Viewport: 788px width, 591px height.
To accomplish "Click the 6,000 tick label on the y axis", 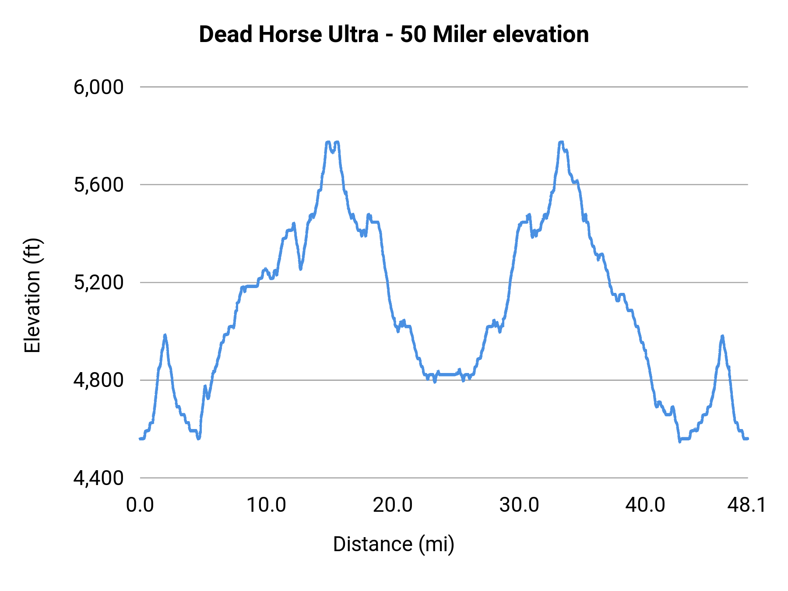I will (x=98, y=87).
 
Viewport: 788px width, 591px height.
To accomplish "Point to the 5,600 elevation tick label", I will (x=98, y=185).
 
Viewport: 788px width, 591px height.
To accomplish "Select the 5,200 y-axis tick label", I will (x=98, y=282).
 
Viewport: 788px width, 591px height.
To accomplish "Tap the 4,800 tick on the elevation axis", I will (x=98, y=380).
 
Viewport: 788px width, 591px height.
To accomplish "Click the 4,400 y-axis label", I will (x=98, y=478).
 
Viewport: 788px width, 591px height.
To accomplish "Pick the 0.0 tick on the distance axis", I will (x=140, y=505).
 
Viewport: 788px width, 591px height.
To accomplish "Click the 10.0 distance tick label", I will (x=266, y=505).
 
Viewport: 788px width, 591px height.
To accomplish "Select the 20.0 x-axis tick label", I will (x=393, y=505).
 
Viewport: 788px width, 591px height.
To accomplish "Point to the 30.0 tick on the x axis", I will (x=519, y=505).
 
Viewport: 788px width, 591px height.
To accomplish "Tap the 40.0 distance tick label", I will (x=645, y=505).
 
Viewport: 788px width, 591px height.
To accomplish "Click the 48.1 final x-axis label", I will (x=747, y=505).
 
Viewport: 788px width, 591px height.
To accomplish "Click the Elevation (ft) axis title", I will (x=32, y=295).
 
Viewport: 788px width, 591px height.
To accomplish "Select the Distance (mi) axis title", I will (x=394, y=544).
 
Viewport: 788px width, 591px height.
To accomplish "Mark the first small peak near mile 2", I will (x=165, y=336).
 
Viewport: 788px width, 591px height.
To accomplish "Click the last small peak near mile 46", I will (x=722, y=336).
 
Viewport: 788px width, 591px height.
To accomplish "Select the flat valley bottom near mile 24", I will (x=447, y=374).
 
